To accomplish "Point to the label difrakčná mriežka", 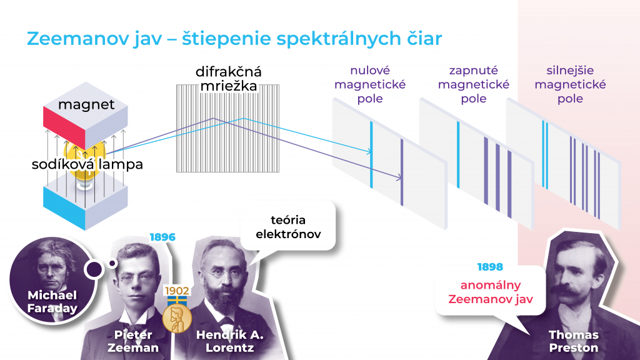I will pos(228,79).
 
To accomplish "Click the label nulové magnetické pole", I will pos(370,84).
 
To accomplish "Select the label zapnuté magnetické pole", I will pos(473,84).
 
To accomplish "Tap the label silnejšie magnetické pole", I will pos(570,84).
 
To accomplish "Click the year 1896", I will pos(162,237).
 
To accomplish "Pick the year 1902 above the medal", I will pos(177,291).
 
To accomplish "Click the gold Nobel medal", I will pos(176,317).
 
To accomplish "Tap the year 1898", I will pos(490,267).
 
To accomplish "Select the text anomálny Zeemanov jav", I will pos(490,292).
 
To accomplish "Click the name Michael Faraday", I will pos(52,302).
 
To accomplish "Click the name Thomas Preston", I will pos(573,341).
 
